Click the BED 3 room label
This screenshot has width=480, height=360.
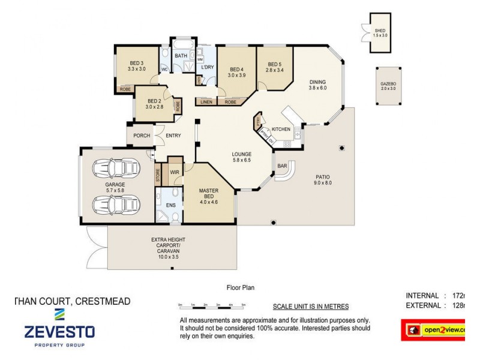[x=137, y=65]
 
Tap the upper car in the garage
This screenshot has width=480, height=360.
[x=115, y=167]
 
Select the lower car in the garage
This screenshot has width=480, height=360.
[x=115, y=204]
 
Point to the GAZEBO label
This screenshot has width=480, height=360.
[x=388, y=86]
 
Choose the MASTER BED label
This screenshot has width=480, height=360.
[x=209, y=194]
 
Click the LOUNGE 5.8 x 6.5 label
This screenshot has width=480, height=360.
[x=242, y=157]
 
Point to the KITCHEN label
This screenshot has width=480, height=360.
[x=281, y=130]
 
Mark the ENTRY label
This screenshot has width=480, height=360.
[x=173, y=136]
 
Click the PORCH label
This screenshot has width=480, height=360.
[x=142, y=136]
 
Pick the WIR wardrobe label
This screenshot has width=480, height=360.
[x=175, y=172]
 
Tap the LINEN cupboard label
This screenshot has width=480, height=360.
[x=206, y=102]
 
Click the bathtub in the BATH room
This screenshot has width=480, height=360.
[x=181, y=45]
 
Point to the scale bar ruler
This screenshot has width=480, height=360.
[x=212, y=305]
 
